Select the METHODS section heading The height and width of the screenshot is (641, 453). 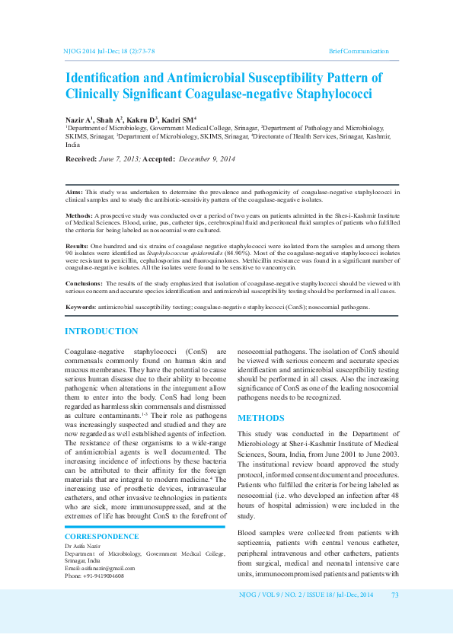(x=261, y=418)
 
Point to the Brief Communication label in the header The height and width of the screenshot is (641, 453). (x=359, y=50)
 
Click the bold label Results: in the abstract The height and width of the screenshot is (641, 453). (x=77, y=247)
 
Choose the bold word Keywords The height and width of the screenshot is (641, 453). (x=80, y=307)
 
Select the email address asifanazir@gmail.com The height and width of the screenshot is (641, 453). (x=107, y=568)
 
